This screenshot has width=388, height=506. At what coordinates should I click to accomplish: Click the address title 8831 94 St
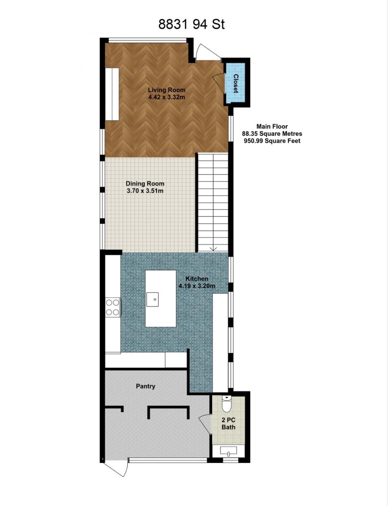click(191, 24)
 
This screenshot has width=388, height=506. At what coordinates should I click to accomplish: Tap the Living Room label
click(167, 90)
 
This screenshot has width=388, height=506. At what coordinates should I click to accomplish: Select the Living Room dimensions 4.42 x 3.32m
click(167, 97)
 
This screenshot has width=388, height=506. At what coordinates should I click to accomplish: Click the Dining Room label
click(145, 183)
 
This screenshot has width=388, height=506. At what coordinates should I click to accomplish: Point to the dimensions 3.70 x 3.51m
click(145, 191)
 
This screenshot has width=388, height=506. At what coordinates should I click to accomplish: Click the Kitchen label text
click(197, 279)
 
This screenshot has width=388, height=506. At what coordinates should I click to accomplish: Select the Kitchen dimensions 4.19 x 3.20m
click(197, 286)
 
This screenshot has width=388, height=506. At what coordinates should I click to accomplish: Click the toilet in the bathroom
click(226, 404)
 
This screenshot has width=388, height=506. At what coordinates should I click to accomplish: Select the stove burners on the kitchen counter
click(113, 307)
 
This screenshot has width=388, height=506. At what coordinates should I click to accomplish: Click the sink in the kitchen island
click(152, 299)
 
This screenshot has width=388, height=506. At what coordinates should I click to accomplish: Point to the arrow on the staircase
click(213, 249)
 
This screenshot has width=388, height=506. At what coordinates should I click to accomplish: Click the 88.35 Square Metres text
click(272, 134)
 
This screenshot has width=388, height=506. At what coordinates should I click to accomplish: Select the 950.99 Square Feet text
click(272, 141)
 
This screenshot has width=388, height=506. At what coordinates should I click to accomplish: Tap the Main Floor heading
click(272, 126)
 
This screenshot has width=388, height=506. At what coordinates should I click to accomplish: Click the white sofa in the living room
click(112, 94)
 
